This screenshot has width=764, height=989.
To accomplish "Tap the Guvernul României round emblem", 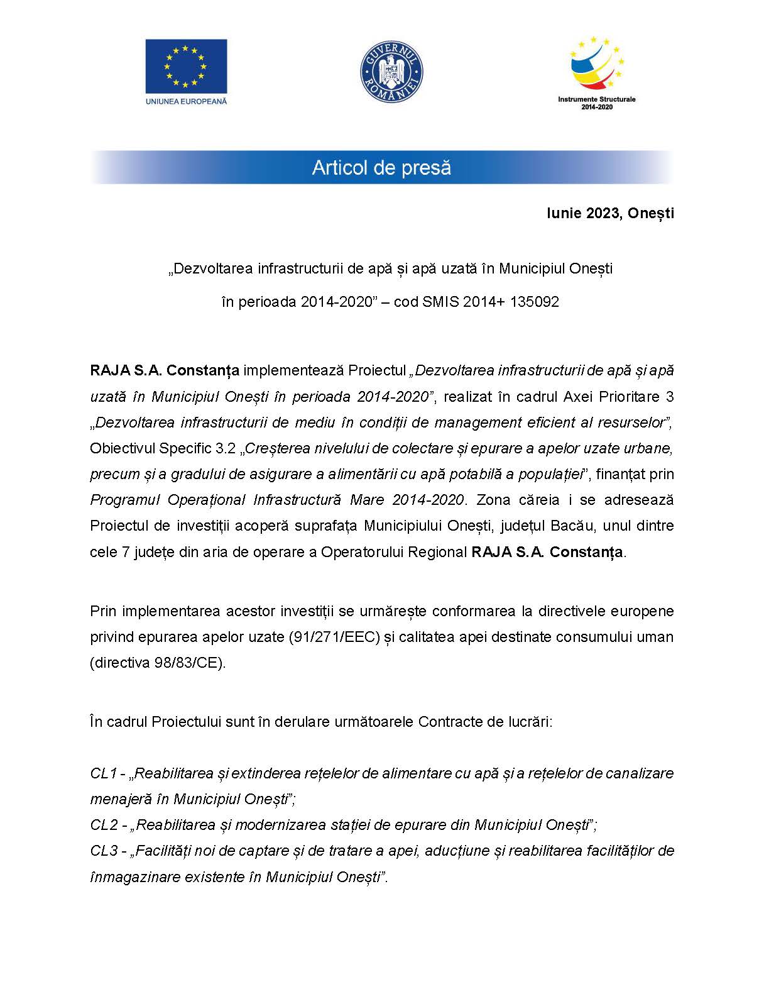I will tap(391, 70).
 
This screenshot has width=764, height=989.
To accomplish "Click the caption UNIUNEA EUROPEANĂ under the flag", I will tap(186, 101).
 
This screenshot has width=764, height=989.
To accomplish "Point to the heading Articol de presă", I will tap(381, 168).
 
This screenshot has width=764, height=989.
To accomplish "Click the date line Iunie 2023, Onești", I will tap(609, 213).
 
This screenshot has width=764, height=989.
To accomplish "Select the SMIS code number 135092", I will tap(535, 302).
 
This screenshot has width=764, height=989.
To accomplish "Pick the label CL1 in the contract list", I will tap(104, 773).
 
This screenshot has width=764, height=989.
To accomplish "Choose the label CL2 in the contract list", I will tap(104, 825).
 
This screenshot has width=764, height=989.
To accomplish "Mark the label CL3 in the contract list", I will tap(104, 851).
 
